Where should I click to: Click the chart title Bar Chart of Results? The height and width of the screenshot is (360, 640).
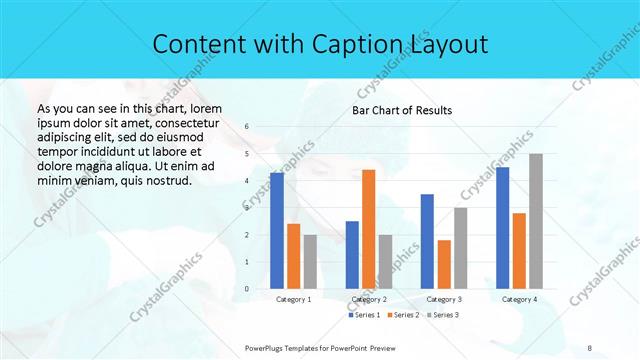401,110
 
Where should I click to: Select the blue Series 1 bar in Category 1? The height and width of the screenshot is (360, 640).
277,230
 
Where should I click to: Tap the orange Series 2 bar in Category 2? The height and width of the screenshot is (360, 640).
369,229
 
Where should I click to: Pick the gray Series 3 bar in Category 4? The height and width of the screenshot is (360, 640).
536,221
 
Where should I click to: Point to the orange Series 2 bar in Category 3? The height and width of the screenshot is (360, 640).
444,264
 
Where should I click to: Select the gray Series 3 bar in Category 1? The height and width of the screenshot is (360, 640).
310,261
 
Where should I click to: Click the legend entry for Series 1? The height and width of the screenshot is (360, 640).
365,315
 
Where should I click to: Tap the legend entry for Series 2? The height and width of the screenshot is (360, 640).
402,315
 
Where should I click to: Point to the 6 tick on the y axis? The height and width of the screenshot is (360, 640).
247,127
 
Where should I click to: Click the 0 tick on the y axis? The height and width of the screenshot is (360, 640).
247,289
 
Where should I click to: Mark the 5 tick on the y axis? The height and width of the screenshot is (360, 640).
247,154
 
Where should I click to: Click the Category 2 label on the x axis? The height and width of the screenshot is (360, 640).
369,299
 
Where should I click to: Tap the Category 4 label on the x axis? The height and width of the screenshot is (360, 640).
519,299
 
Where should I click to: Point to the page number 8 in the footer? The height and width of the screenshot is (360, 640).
590,347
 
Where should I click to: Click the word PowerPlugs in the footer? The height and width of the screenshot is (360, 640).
267,347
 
